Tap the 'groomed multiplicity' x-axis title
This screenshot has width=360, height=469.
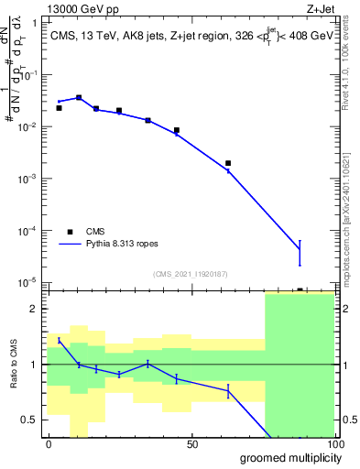tap(285, 457)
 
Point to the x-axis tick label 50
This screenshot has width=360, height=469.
tap(191, 445)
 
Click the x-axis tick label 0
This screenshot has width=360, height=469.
tap(49, 445)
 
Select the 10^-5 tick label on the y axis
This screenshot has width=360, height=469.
tap(32, 282)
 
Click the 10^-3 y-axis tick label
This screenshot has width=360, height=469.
tap(32, 179)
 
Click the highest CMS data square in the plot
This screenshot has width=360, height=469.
tap(79, 97)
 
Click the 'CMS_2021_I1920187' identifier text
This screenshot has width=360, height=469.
tap(190, 274)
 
